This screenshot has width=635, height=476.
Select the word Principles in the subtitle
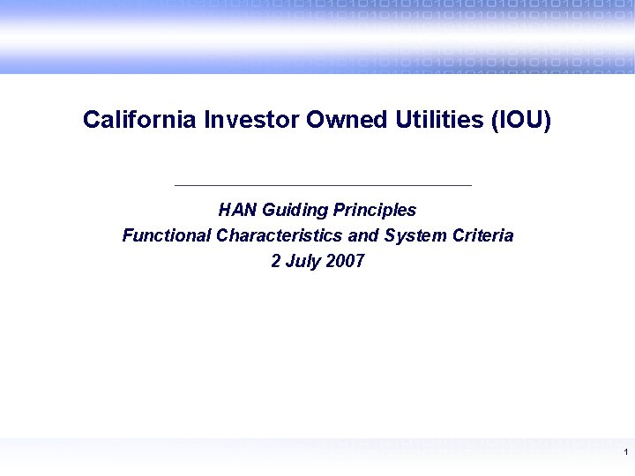point(375,211)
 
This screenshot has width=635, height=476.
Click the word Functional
point(166,236)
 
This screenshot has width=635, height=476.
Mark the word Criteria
point(483,236)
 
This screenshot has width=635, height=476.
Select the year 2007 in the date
point(344,262)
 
